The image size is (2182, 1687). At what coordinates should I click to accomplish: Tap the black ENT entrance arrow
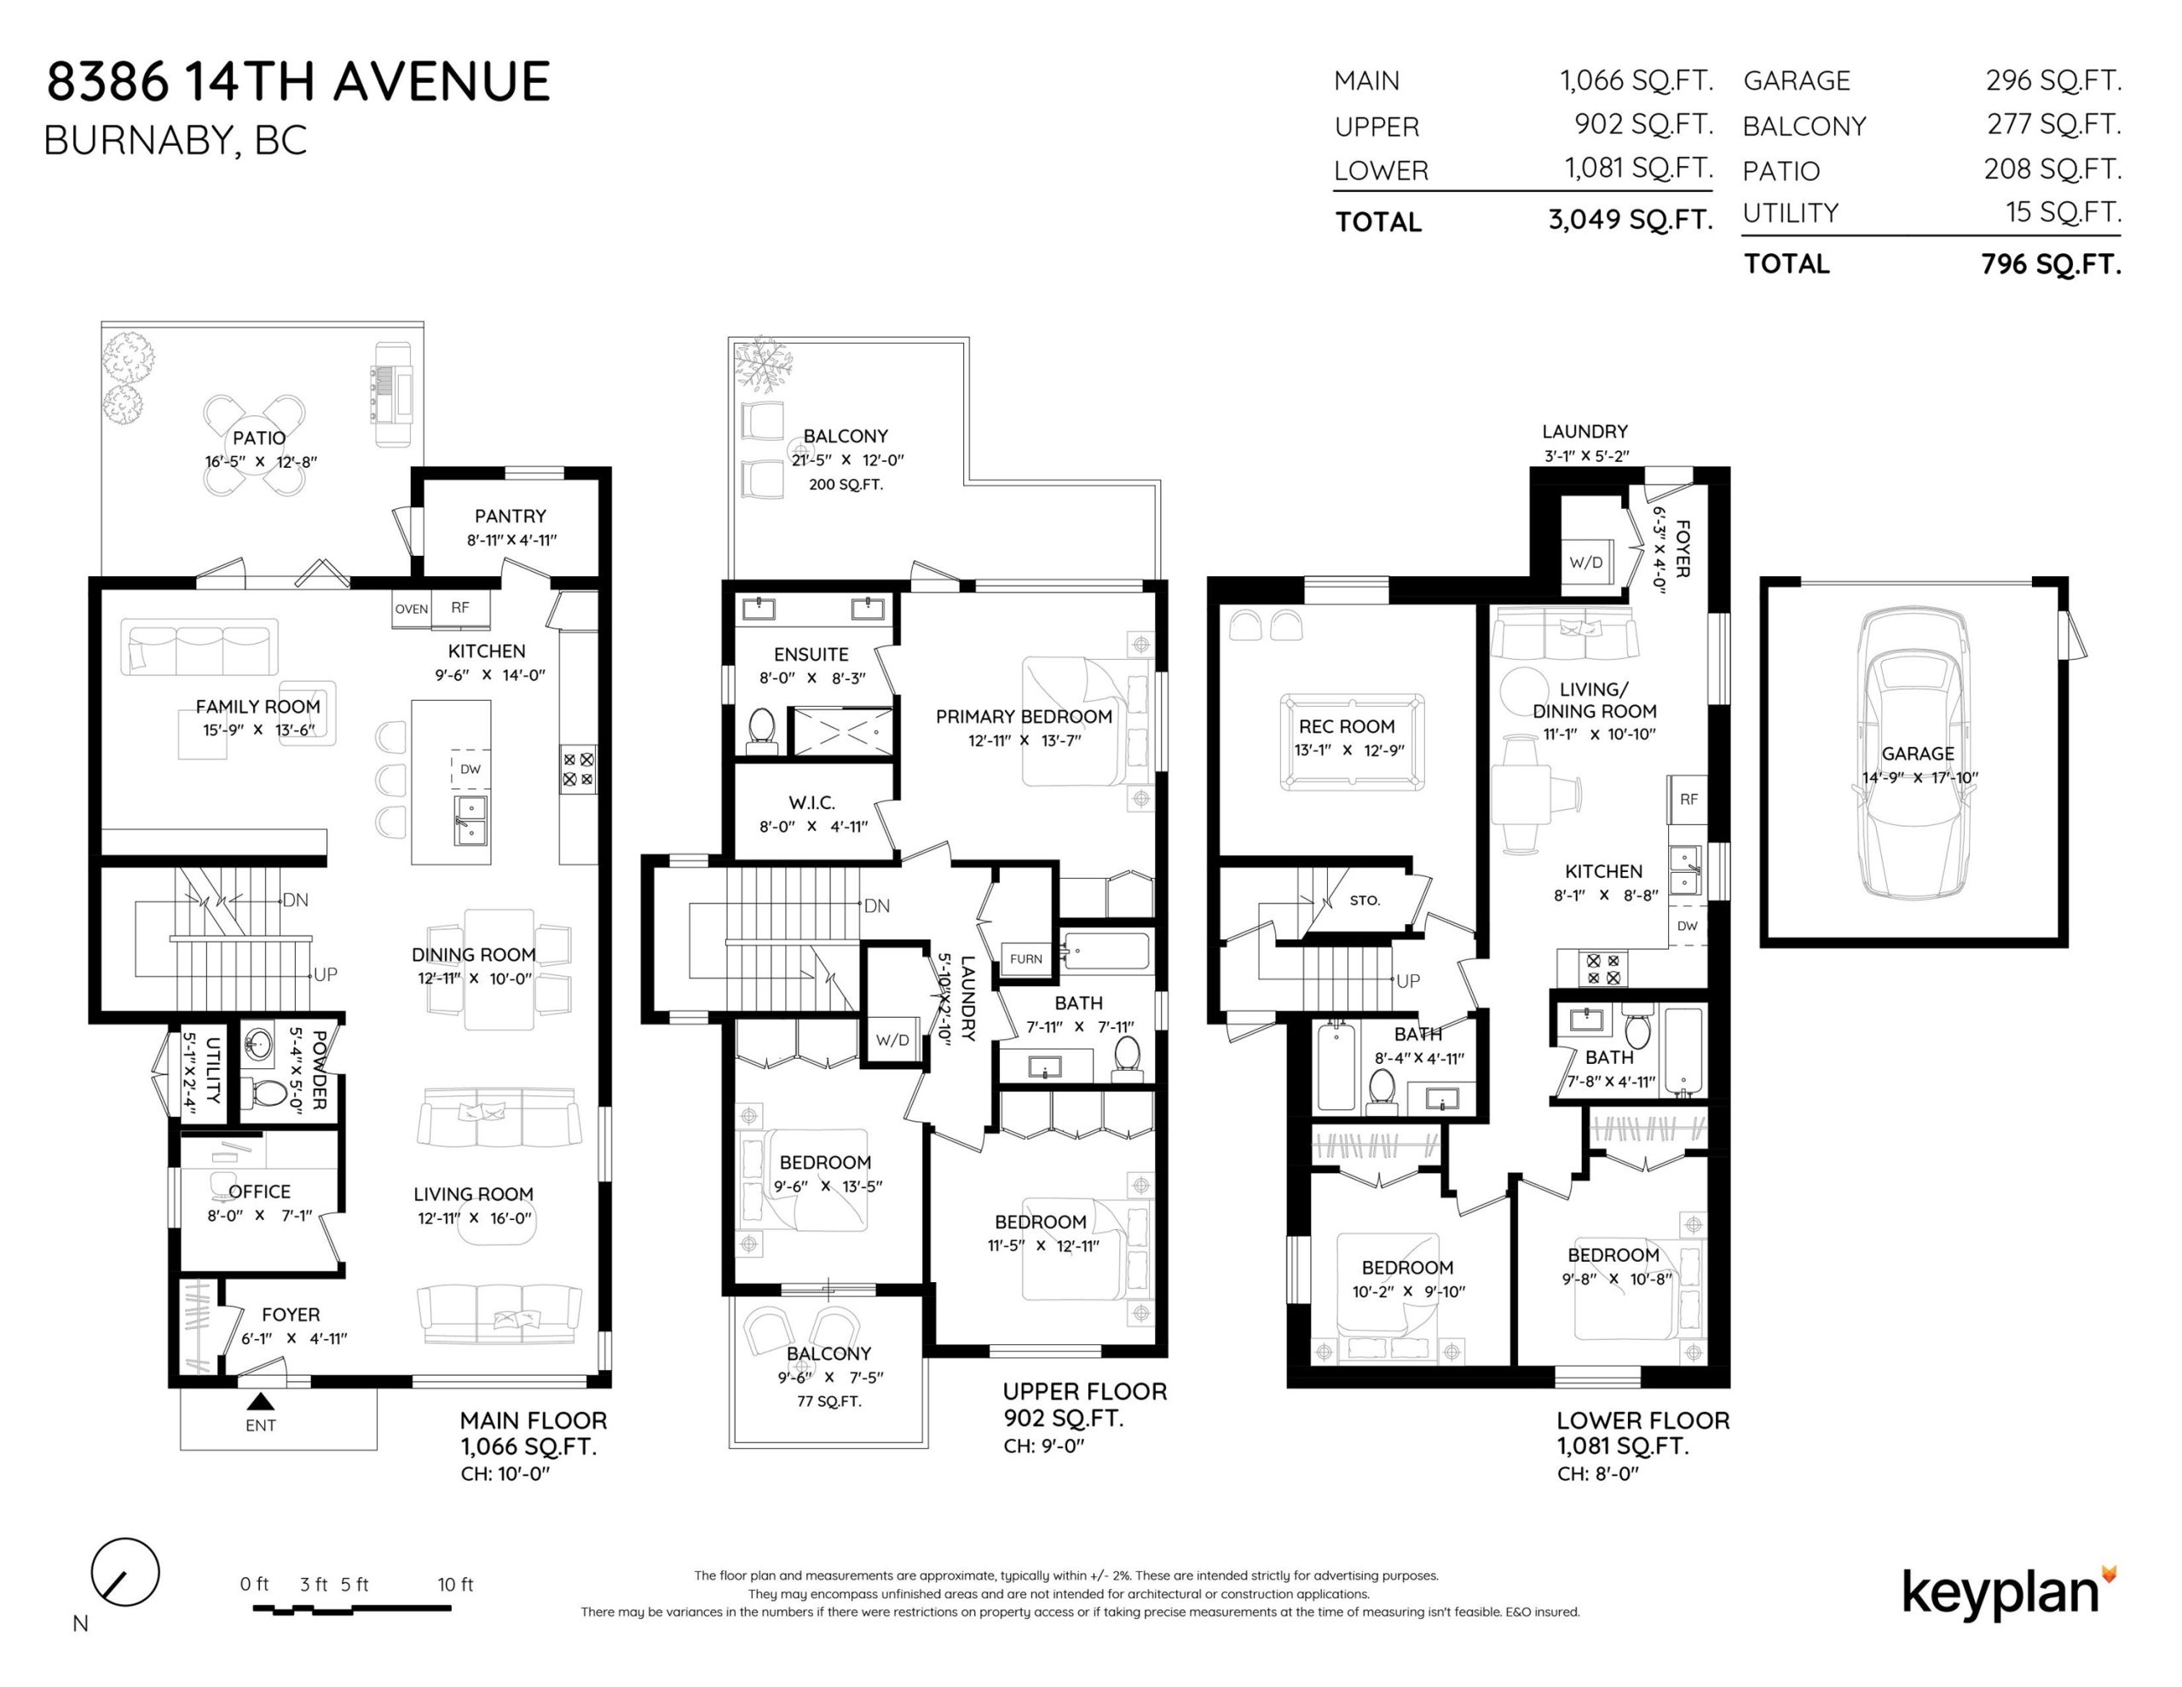point(261,1402)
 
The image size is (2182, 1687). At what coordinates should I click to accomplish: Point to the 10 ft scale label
point(456,1584)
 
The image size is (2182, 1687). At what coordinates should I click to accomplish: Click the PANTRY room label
point(511,517)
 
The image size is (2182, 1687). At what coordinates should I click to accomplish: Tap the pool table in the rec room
point(1352,742)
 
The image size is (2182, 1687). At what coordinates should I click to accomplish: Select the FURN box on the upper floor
point(1026,958)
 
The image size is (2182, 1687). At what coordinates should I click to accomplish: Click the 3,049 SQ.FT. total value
point(1631,219)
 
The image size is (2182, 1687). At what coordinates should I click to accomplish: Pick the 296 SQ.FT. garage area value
point(2053,80)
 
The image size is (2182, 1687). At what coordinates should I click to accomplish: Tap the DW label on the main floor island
point(470,769)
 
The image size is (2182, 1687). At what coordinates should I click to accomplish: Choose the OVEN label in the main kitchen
point(412,609)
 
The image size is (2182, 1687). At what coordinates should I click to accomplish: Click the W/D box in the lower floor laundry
point(1585,562)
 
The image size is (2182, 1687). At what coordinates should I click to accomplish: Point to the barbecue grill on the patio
point(390,395)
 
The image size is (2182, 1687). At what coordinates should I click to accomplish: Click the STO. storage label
point(1365,900)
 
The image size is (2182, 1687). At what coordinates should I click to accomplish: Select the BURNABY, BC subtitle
point(175,141)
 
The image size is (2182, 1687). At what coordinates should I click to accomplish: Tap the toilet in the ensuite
point(761,731)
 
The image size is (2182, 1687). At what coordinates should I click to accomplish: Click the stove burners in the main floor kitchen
point(579,770)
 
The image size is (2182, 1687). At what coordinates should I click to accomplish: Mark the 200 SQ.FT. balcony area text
point(846,485)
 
